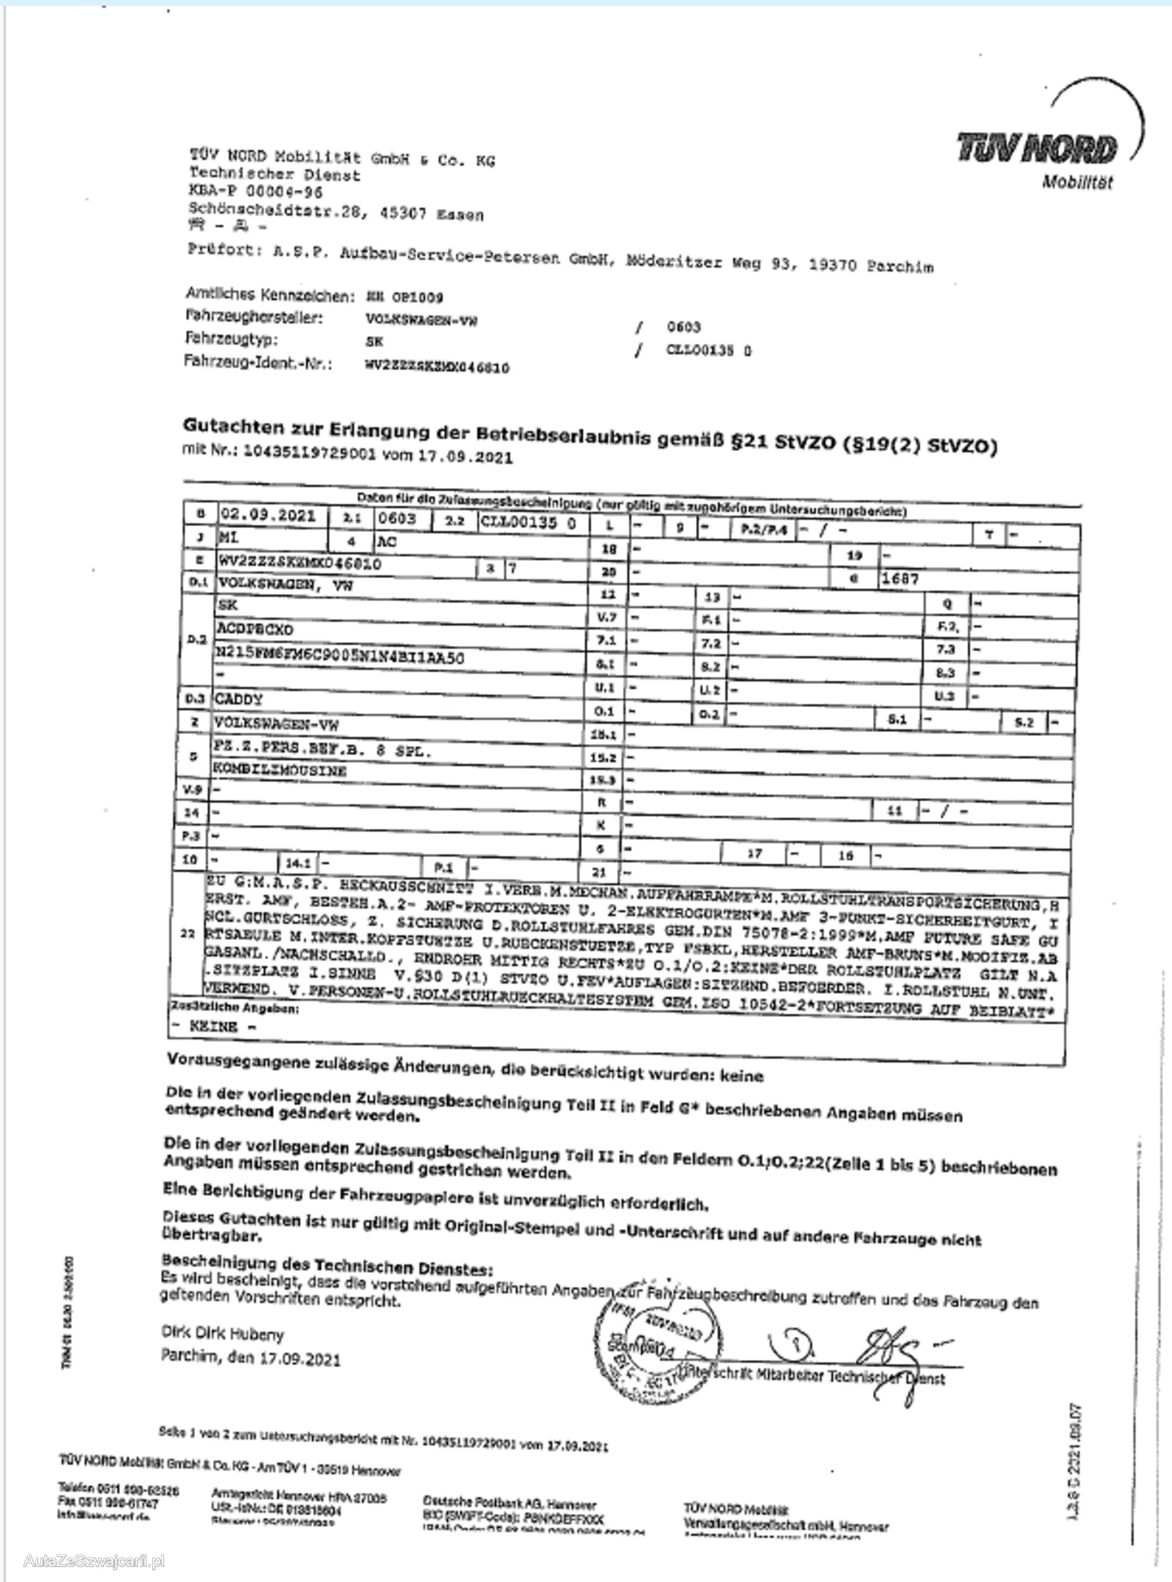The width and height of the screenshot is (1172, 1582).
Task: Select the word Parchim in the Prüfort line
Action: point(900,266)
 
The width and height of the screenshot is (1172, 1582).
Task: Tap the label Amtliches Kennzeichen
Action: point(269,295)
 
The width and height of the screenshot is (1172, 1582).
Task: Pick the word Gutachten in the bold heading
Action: point(233,427)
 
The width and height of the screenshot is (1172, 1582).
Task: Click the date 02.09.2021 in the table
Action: point(268,516)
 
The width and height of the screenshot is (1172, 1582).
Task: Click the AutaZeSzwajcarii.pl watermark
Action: point(94,1562)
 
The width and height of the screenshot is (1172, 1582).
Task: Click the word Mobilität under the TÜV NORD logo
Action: point(1077,183)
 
